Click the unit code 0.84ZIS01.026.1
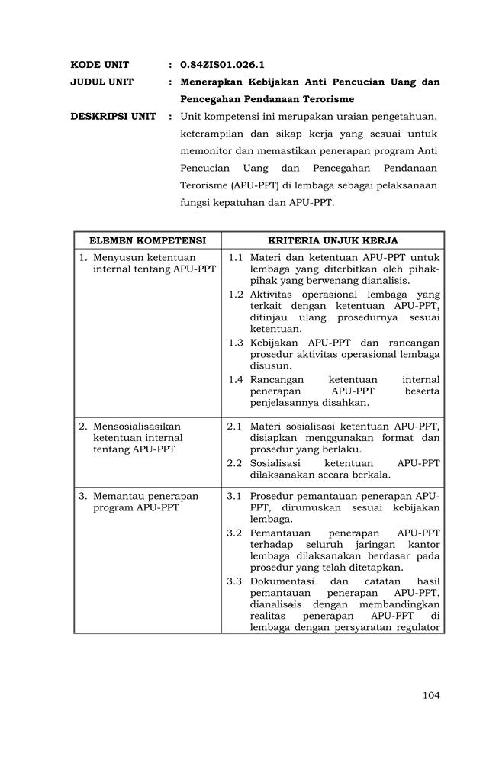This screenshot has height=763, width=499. (222, 65)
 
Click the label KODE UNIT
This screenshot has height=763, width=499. (100, 65)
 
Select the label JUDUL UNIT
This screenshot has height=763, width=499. (101, 82)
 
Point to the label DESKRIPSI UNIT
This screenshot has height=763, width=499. (113, 117)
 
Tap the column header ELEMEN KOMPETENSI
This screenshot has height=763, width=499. (148, 240)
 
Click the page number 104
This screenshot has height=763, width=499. (431, 694)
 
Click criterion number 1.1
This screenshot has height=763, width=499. (236, 258)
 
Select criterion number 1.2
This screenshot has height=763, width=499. (236, 294)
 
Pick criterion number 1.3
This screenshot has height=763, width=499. (236, 343)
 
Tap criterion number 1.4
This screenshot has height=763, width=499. (236, 379)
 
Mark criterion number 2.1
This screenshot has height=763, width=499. (235, 426)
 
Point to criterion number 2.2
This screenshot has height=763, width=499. (235, 462)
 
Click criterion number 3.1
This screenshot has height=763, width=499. (235, 496)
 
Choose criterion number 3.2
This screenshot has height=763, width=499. (235, 532)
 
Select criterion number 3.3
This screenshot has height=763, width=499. (235, 580)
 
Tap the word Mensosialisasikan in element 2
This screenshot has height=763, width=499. (137, 426)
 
